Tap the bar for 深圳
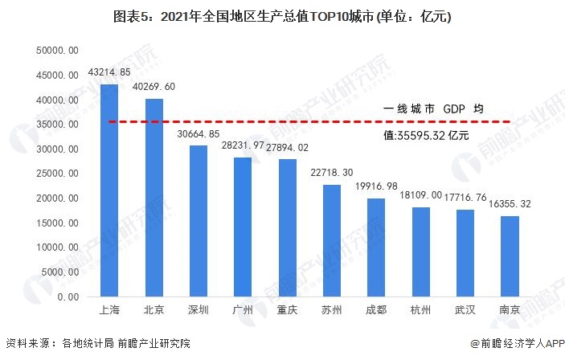199,221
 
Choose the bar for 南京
509,256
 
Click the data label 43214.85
110,72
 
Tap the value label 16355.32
510,204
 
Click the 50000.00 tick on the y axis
57,51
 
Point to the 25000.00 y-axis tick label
57,174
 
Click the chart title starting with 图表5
282,16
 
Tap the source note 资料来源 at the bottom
97,344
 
